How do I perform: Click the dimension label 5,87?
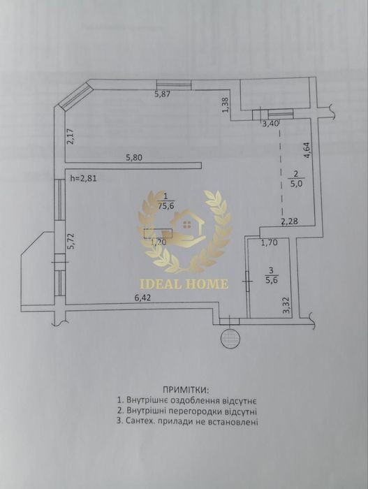point(163,94)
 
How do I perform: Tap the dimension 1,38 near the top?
point(227,105)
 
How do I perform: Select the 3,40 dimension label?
point(270,124)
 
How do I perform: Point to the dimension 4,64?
point(307,150)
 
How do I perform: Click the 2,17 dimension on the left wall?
point(71,137)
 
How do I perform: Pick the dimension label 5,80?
point(134,158)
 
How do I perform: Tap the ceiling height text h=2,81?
point(84,179)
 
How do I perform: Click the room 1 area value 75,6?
point(165,206)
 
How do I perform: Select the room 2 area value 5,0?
point(297,183)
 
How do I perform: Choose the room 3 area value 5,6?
point(272,279)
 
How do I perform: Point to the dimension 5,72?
point(71,241)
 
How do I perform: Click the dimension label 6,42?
point(142,298)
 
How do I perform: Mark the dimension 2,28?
point(290,221)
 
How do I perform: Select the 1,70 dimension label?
point(269,242)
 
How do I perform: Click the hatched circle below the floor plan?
point(230,337)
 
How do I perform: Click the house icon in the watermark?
point(187,224)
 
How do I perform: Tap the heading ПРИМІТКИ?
point(187,390)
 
